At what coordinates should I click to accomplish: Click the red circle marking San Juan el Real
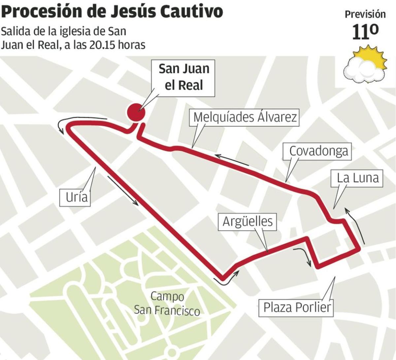[136, 112]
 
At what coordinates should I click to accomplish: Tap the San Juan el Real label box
[184, 77]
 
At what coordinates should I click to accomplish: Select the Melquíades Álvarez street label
[245, 117]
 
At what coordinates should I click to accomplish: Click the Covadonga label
[318, 151]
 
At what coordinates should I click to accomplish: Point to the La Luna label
[358, 178]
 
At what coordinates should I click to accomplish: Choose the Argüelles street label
[247, 221]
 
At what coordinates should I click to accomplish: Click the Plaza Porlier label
[297, 307]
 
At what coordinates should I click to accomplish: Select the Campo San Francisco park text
[167, 303]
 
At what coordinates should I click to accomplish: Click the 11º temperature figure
[365, 32]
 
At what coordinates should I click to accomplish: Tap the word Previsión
[365, 14]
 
